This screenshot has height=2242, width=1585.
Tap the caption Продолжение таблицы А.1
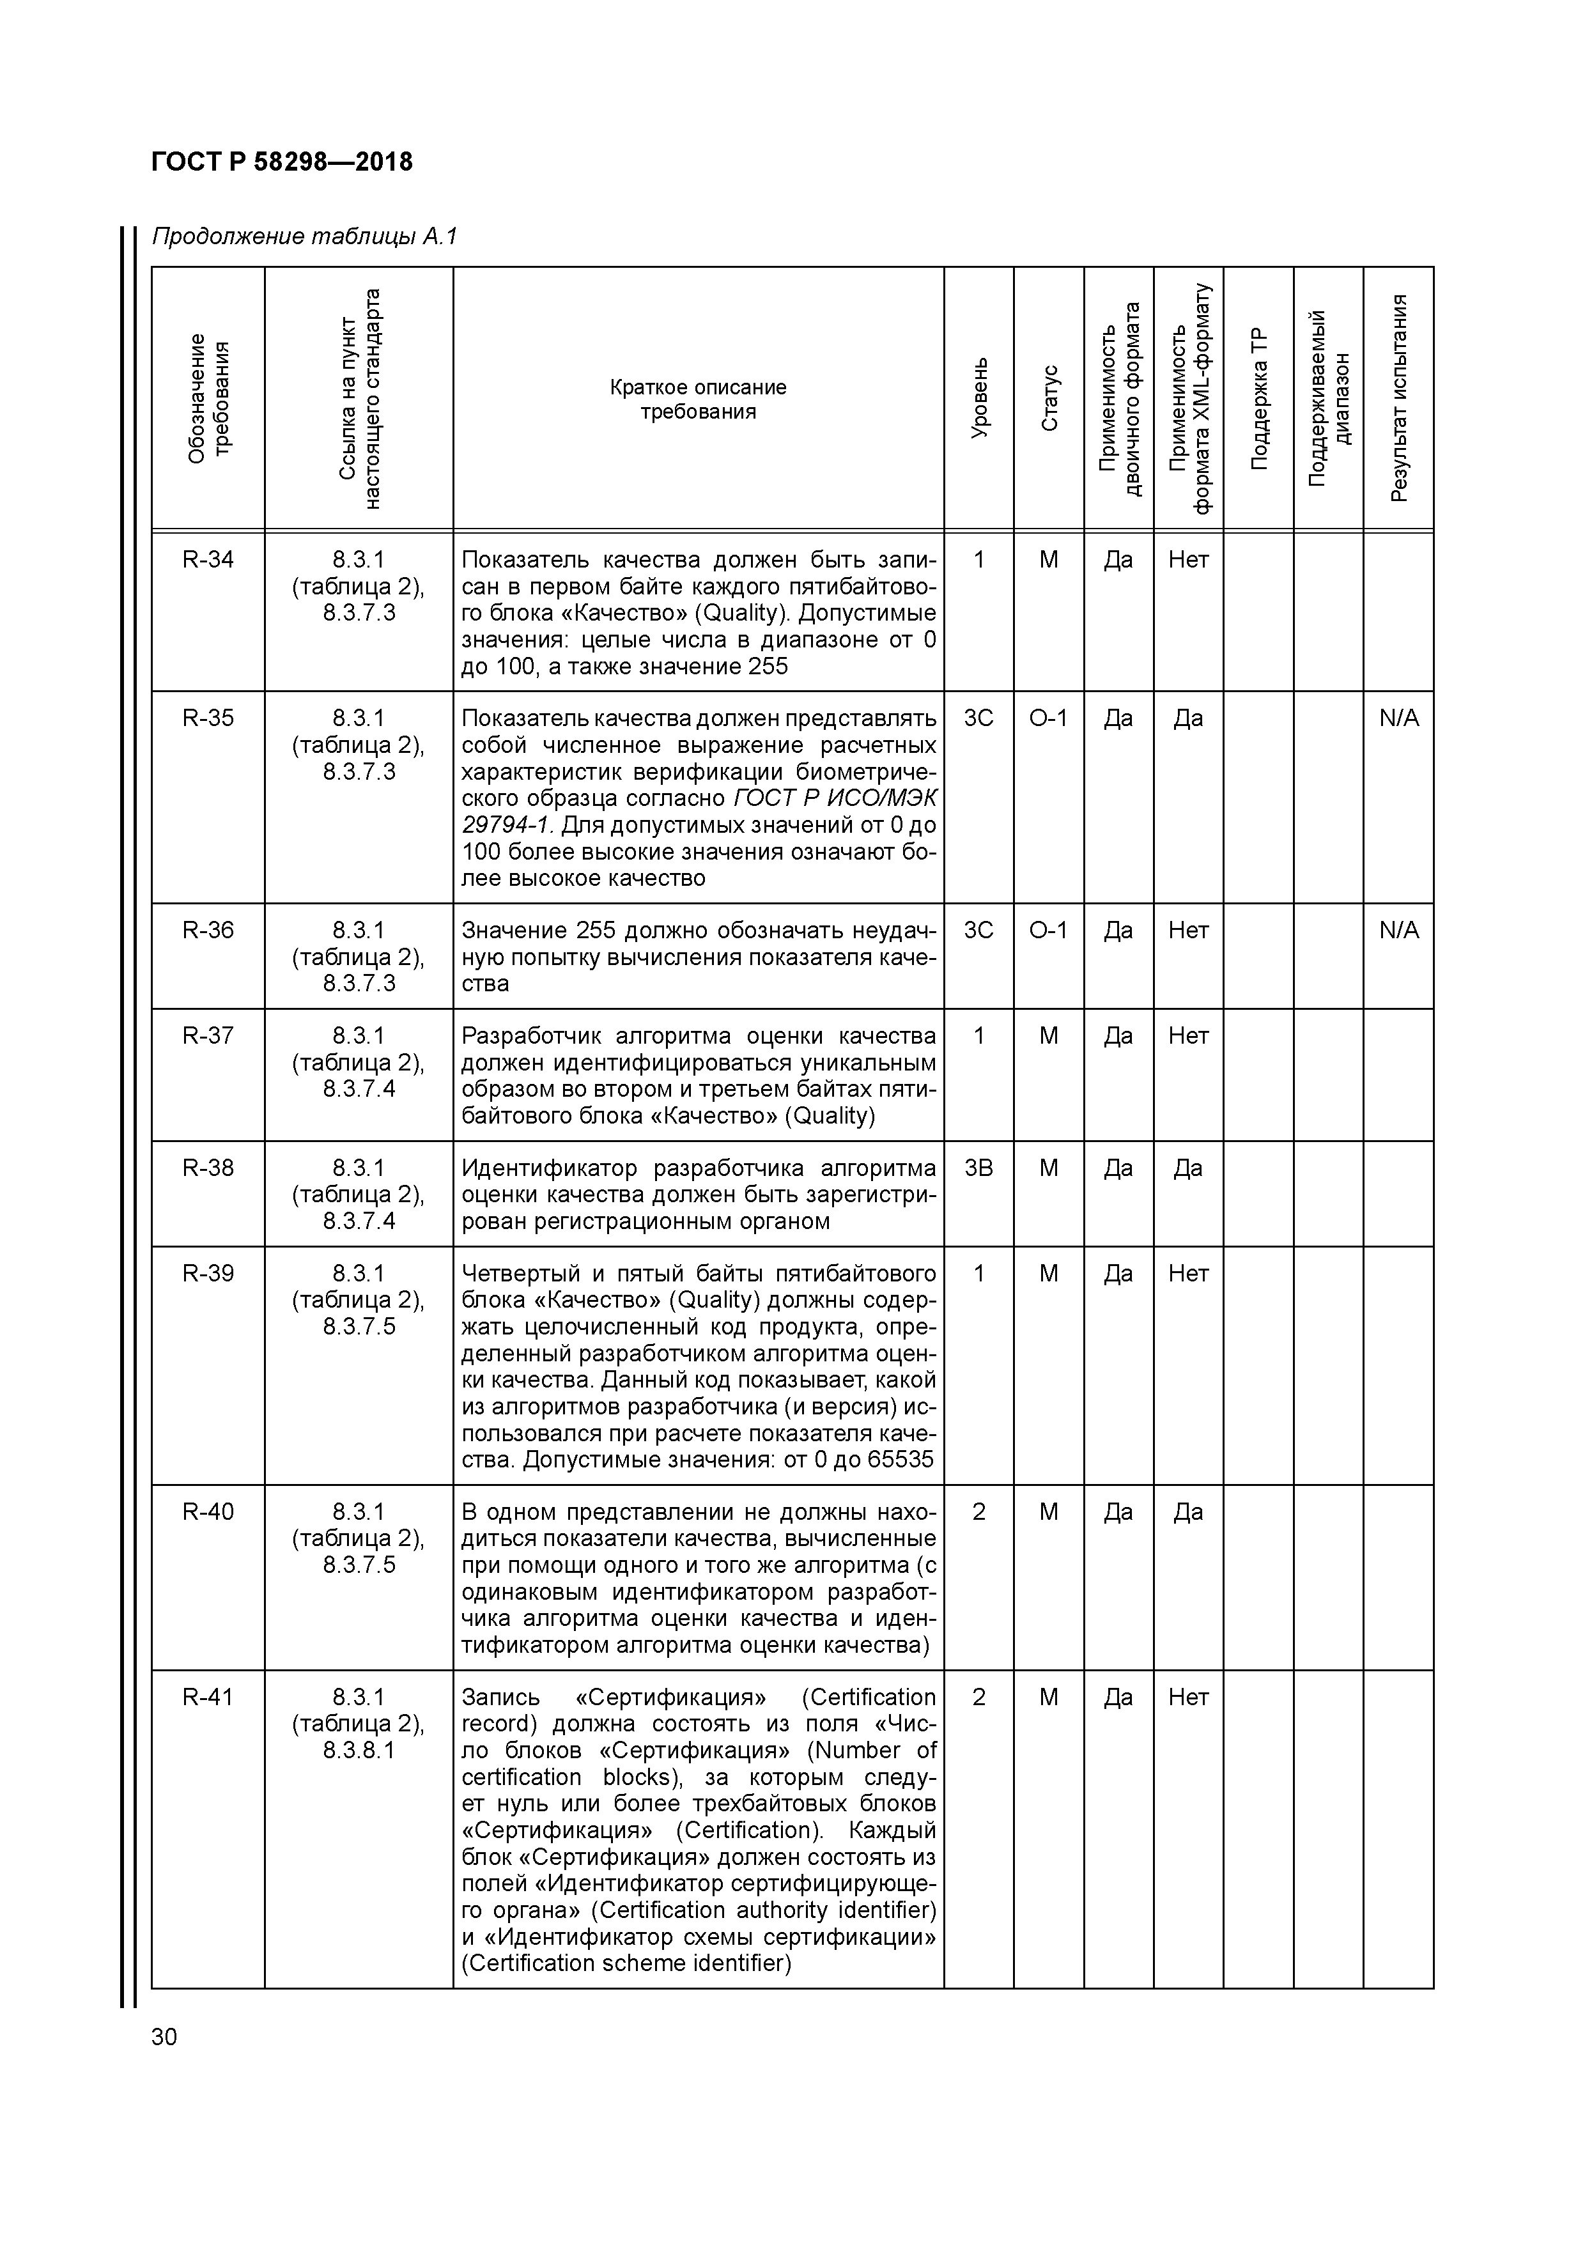coord(304,237)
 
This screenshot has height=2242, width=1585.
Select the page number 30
coord(164,2037)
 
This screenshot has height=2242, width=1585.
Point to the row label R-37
coord(208,1035)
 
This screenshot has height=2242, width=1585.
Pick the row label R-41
coord(208,1697)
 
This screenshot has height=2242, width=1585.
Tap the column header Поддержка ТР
coord(1259,398)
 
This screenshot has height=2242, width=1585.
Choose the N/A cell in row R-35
coord(1398,719)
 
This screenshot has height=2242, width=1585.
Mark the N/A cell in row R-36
coord(1398,930)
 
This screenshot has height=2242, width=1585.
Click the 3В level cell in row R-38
coord(978,1168)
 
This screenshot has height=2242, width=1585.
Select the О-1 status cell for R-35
coord(1049,719)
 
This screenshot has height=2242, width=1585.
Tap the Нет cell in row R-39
coord(1189,1273)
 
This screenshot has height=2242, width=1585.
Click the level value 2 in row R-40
coord(978,1511)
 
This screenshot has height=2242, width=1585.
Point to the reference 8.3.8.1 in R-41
coord(359,1750)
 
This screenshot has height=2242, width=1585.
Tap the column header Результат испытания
coord(1398,398)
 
